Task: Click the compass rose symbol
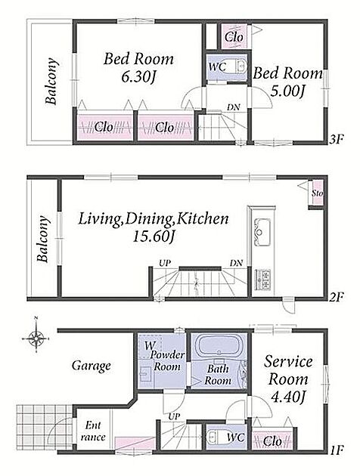pyautogui.click(x=36, y=337)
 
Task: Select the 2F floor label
pyautogui.click(x=337, y=298)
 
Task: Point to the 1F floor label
pyautogui.click(x=337, y=450)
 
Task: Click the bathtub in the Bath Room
pyautogui.click(x=218, y=346)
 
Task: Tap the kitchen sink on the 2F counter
pyautogui.click(x=262, y=232)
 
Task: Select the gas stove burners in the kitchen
pyautogui.click(x=262, y=279)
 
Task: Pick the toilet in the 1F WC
pyautogui.click(x=215, y=437)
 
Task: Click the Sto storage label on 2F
pyautogui.click(x=318, y=193)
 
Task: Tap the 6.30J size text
pyautogui.click(x=138, y=77)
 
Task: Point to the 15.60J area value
pyautogui.click(x=154, y=236)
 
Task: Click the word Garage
pyautogui.click(x=92, y=366)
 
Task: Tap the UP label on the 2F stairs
pyautogui.click(x=165, y=263)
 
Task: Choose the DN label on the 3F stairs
pyautogui.click(x=233, y=107)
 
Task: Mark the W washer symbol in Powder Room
pyautogui.click(x=149, y=345)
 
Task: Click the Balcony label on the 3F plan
pyautogui.click(x=51, y=81)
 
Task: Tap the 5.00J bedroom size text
pyautogui.click(x=287, y=91)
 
